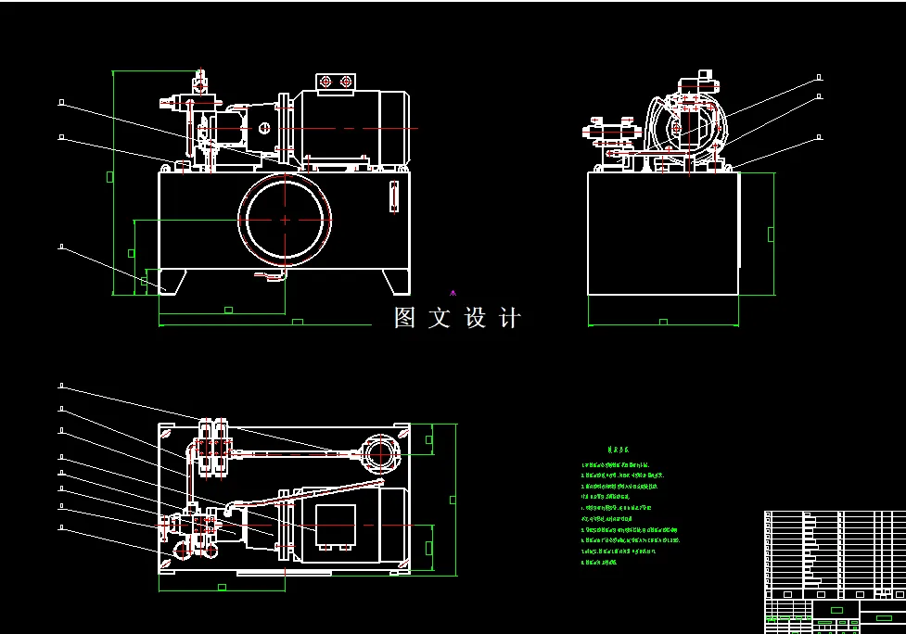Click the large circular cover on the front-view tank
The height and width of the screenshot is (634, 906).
click(285, 220)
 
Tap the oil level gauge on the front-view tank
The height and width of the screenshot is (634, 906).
click(393, 197)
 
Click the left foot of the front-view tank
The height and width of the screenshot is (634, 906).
click(172, 280)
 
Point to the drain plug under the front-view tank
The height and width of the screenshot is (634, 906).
click(271, 276)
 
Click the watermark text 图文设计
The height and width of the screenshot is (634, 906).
click(457, 319)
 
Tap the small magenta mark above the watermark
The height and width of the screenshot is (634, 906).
click(453, 293)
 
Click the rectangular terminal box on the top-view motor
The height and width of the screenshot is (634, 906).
click(335, 526)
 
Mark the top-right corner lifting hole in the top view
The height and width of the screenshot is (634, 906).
click(402, 433)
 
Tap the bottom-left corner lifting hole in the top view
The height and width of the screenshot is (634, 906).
click(167, 561)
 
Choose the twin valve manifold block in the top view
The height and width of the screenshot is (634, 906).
click(213, 448)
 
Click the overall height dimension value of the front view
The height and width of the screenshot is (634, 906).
click(110, 176)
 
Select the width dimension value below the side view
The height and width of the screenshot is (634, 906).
click(663, 323)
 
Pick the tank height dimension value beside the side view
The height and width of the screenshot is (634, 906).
click(771, 234)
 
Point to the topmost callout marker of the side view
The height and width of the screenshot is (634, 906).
click(819, 77)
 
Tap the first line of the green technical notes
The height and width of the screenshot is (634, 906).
click(615, 464)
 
